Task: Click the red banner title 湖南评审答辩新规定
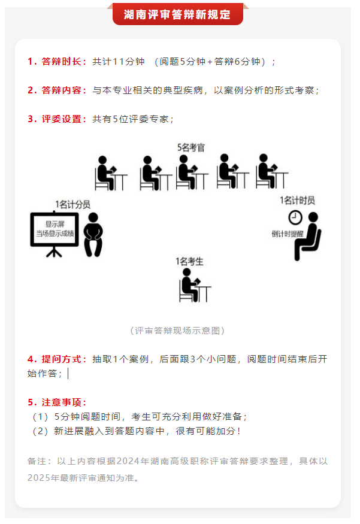[177, 14]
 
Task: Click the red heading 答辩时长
[63, 62]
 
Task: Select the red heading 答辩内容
[63, 90]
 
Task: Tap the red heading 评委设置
[63, 119]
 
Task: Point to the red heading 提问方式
[63, 359]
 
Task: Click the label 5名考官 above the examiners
[190, 147]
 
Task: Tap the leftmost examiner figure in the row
[109, 174]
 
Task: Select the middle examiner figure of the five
[190, 174]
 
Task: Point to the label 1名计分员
[71, 204]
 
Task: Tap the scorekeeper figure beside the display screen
[93, 235]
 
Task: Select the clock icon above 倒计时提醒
[295, 217]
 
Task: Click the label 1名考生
[189, 261]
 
